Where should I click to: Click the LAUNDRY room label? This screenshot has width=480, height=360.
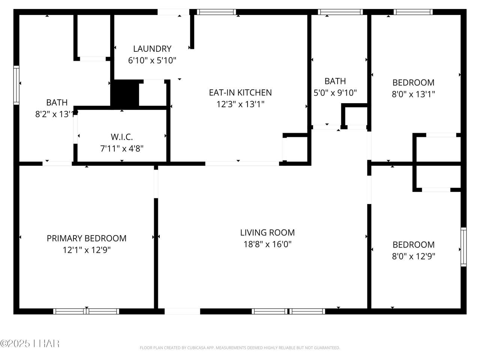(152, 49)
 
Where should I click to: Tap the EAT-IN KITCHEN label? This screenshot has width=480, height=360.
(240, 93)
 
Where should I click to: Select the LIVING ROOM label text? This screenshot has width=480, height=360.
(267, 232)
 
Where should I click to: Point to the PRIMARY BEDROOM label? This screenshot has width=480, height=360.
(87, 238)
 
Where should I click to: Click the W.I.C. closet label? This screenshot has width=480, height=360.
(122, 137)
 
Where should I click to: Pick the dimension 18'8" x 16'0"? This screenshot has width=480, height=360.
(267, 244)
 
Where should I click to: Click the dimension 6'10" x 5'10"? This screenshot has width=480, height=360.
(152, 60)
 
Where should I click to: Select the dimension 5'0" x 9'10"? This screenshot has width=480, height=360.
(335, 93)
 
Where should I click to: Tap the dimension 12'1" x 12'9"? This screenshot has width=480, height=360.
(87, 250)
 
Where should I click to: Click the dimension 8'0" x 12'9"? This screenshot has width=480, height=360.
(414, 256)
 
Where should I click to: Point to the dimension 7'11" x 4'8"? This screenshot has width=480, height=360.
(122, 148)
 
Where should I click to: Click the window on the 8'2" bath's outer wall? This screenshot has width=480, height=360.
(16, 85)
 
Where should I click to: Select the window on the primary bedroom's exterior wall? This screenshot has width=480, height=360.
(86, 311)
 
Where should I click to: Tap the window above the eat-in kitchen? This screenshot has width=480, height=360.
(216, 12)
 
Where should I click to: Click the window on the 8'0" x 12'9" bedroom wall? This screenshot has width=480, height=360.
(463, 247)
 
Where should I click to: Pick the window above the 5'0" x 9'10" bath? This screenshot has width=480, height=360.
(340, 12)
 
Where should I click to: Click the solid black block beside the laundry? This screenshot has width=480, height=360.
(125, 93)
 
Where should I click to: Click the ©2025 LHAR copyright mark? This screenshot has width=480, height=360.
(30, 343)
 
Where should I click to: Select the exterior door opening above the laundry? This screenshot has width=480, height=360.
(173, 12)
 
